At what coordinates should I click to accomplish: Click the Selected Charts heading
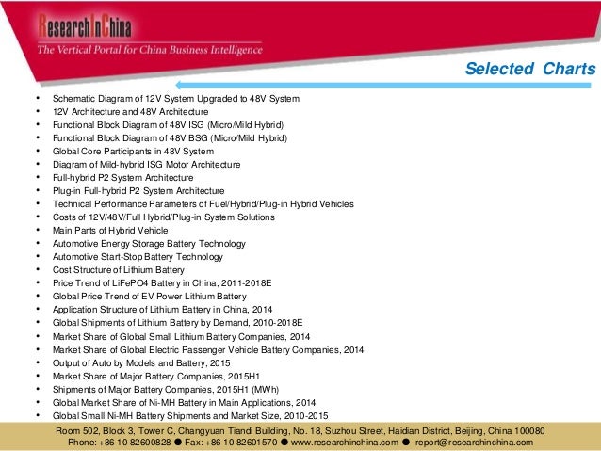click(x=531, y=70)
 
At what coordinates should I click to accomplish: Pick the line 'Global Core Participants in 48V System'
click(x=133, y=151)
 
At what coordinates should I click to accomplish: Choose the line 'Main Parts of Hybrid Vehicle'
click(x=110, y=230)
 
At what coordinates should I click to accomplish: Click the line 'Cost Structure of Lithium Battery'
click(x=119, y=269)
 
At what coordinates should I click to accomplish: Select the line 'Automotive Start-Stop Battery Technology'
click(x=138, y=256)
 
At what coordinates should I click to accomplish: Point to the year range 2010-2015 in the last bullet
click(x=302, y=414)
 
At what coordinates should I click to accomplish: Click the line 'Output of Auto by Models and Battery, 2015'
click(x=141, y=362)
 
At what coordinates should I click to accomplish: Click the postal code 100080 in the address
click(x=525, y=430)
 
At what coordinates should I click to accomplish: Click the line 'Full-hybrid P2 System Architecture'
click(x=122, y=177)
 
